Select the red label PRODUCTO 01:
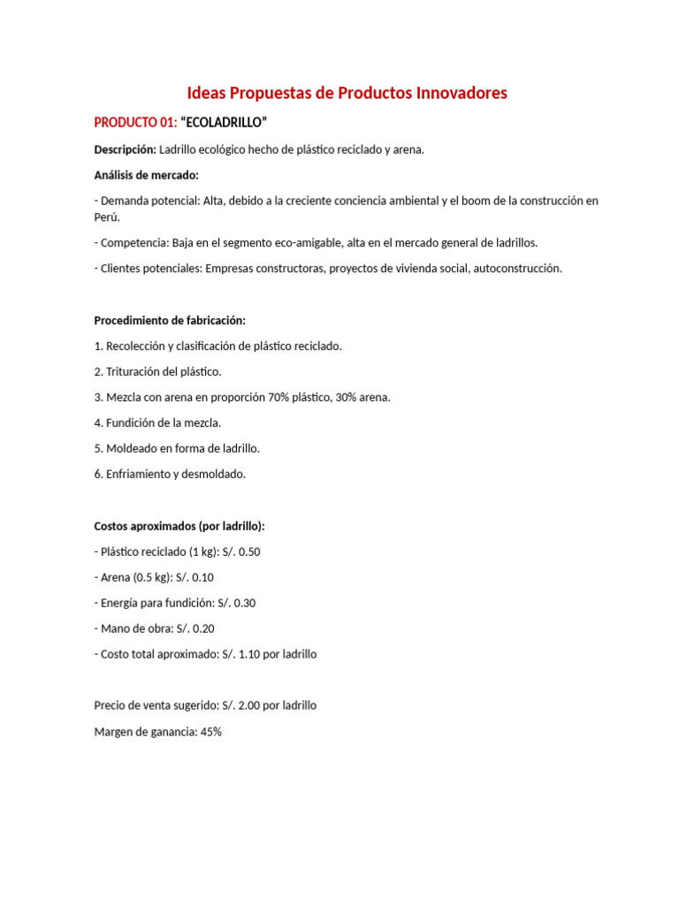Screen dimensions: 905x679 (136, 121)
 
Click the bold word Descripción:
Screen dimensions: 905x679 (125, 149)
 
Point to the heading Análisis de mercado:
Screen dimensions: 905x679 (147, 175)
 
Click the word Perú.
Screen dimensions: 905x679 (106, 217)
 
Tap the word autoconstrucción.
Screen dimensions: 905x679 (510, 268)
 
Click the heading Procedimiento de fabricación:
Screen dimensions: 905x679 (170, 320)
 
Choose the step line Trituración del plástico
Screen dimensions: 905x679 (157, 371)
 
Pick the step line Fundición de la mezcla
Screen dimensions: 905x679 (157, 422)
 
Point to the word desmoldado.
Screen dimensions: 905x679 (213, 474)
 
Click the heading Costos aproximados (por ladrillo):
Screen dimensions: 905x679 (179, 526)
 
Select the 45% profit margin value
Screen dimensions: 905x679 (210, 731)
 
